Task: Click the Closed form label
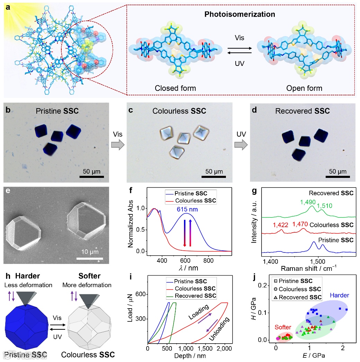175,88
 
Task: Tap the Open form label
304,88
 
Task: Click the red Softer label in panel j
283,327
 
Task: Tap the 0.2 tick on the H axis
266,285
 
